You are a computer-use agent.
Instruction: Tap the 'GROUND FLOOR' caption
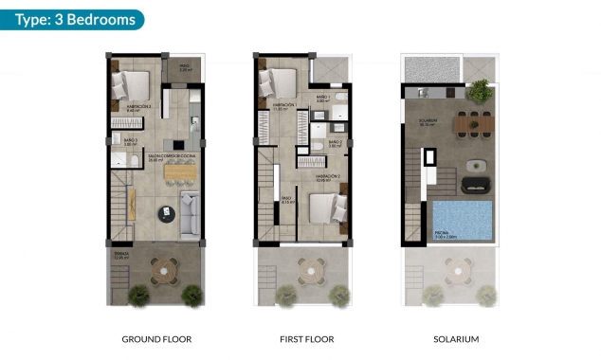point(154,339)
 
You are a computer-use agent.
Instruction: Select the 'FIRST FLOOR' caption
point(306,339)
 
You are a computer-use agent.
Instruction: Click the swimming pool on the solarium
point(462,219)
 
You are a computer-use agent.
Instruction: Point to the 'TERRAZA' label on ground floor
point(119,254)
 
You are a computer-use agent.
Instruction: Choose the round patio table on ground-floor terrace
point(166,269)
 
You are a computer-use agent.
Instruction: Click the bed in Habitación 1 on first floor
point(277,82)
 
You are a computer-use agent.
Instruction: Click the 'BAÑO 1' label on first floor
point(322,97)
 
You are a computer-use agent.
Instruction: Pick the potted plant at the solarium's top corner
point(480,91)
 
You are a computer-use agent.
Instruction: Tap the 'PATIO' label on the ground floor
point(186,66)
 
